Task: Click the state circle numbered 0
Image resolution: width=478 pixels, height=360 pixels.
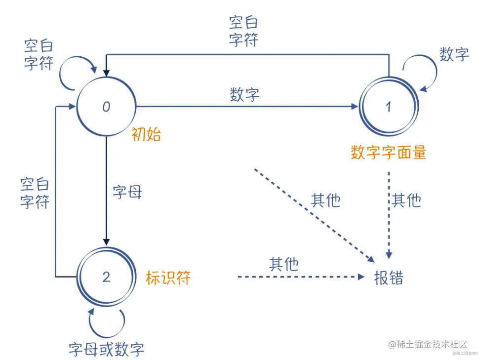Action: pyautogui.click(x=106, y=107)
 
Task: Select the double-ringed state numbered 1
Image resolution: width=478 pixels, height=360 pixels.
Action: pyautogui.click(x=388, y=107)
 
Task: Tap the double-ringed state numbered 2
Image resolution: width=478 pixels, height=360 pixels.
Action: pyautogui.click(x=106, y=277)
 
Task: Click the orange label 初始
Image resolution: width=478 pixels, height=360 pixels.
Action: pyautogui.click(x=146, y=135)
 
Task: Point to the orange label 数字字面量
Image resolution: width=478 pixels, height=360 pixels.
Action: pyautogui.click(x=388, y=153)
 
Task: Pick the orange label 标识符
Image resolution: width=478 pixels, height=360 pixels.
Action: pyautogui.click(x=168, y=278)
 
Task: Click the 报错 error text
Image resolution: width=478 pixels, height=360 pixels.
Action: pyautogui.click(x=389, y=278)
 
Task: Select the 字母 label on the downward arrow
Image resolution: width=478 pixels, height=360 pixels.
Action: pyautogui.click(x=127, y=193)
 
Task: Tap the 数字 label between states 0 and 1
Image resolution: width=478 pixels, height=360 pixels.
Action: pyautogui.click(x=244, y=95)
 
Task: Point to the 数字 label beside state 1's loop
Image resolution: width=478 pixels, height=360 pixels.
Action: pyautogui.click(x=454, y=54)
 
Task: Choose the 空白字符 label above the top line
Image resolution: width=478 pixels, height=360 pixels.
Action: pyautogui.click(x=243, y=31)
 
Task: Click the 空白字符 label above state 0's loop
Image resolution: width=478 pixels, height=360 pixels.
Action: pyautogui.click(x=39, y=55)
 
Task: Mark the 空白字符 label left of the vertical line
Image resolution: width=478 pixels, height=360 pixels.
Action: pyautogui.click(x=35, y=194)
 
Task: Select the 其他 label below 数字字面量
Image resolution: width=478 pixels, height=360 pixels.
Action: pyautogui.click(x=406, y=200)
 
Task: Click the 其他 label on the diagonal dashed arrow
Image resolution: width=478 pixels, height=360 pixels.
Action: pyautogui.click(x=325, y=200)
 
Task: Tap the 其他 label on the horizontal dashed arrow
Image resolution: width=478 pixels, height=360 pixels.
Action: pyautogui.click(x=284, y=264)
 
